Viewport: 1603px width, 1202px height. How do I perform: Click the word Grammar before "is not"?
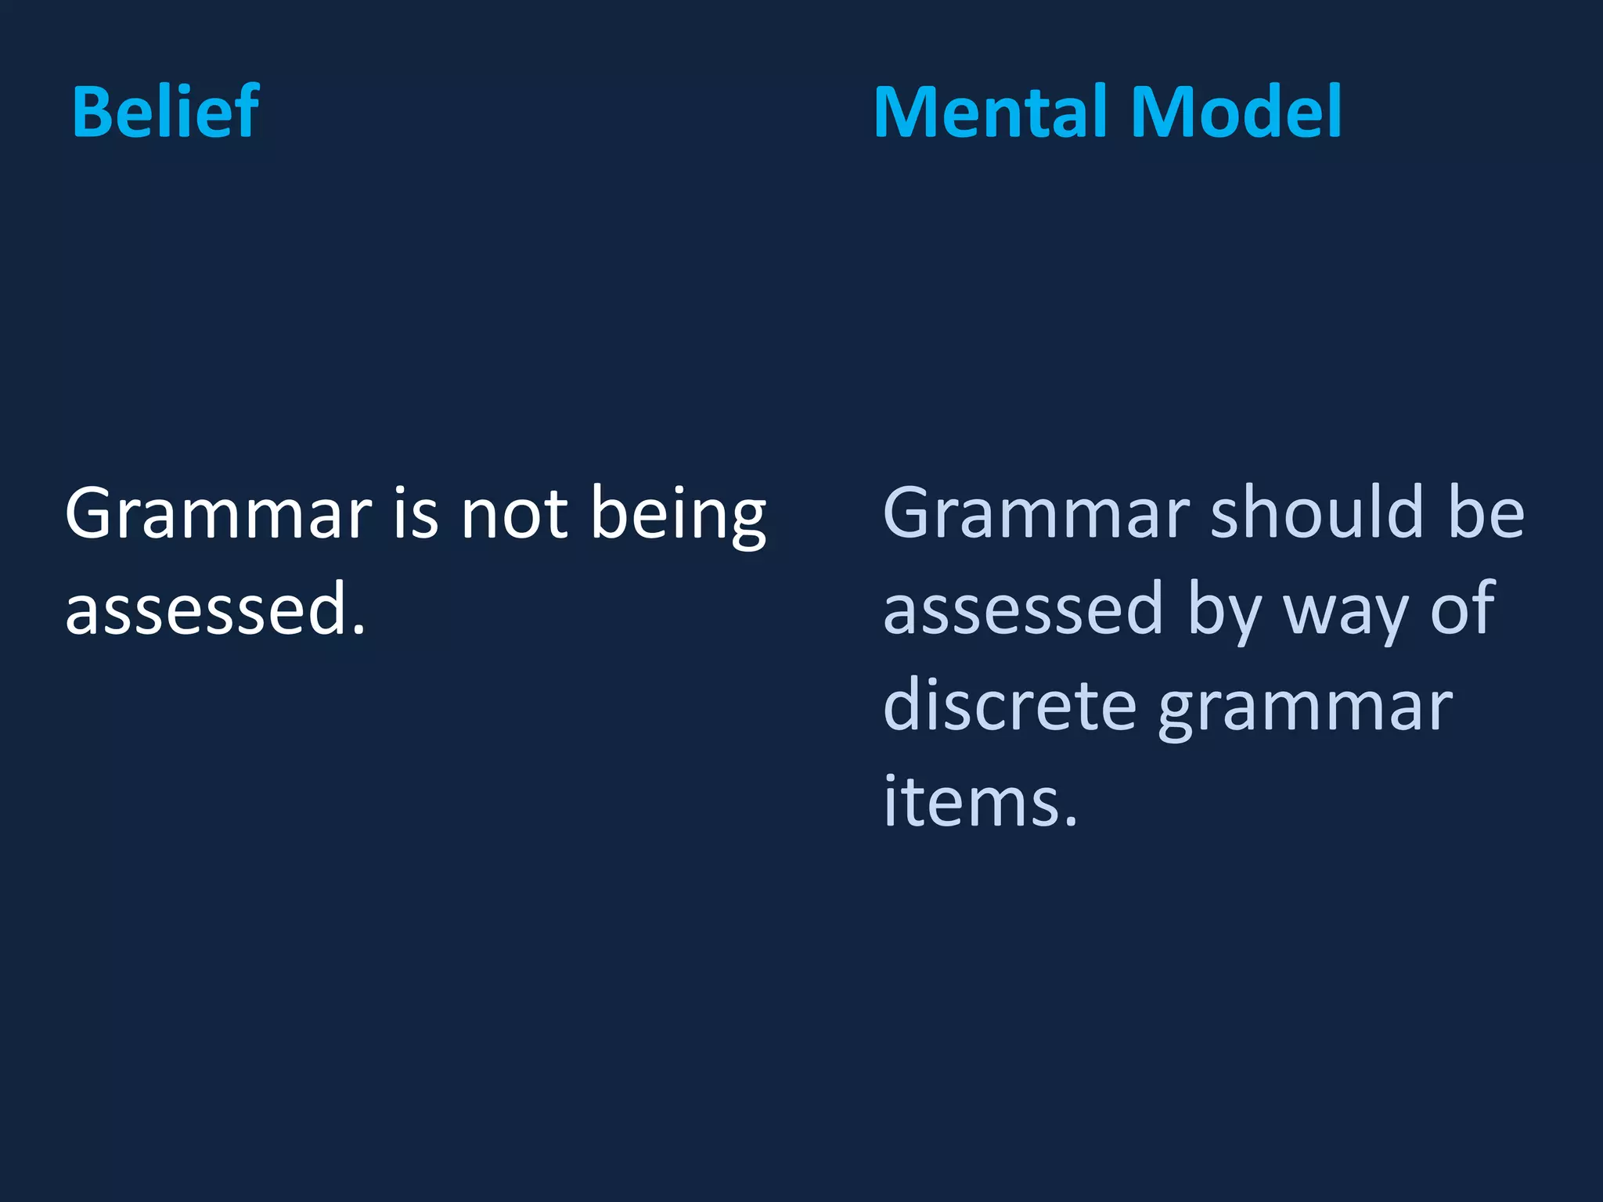(x=218, y=514)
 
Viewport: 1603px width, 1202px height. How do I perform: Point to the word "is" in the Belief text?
(x=416, y=514)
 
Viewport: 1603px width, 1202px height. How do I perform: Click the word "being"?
(x=678, y=516)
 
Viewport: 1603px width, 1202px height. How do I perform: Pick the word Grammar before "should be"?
(x=1036, y=514)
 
